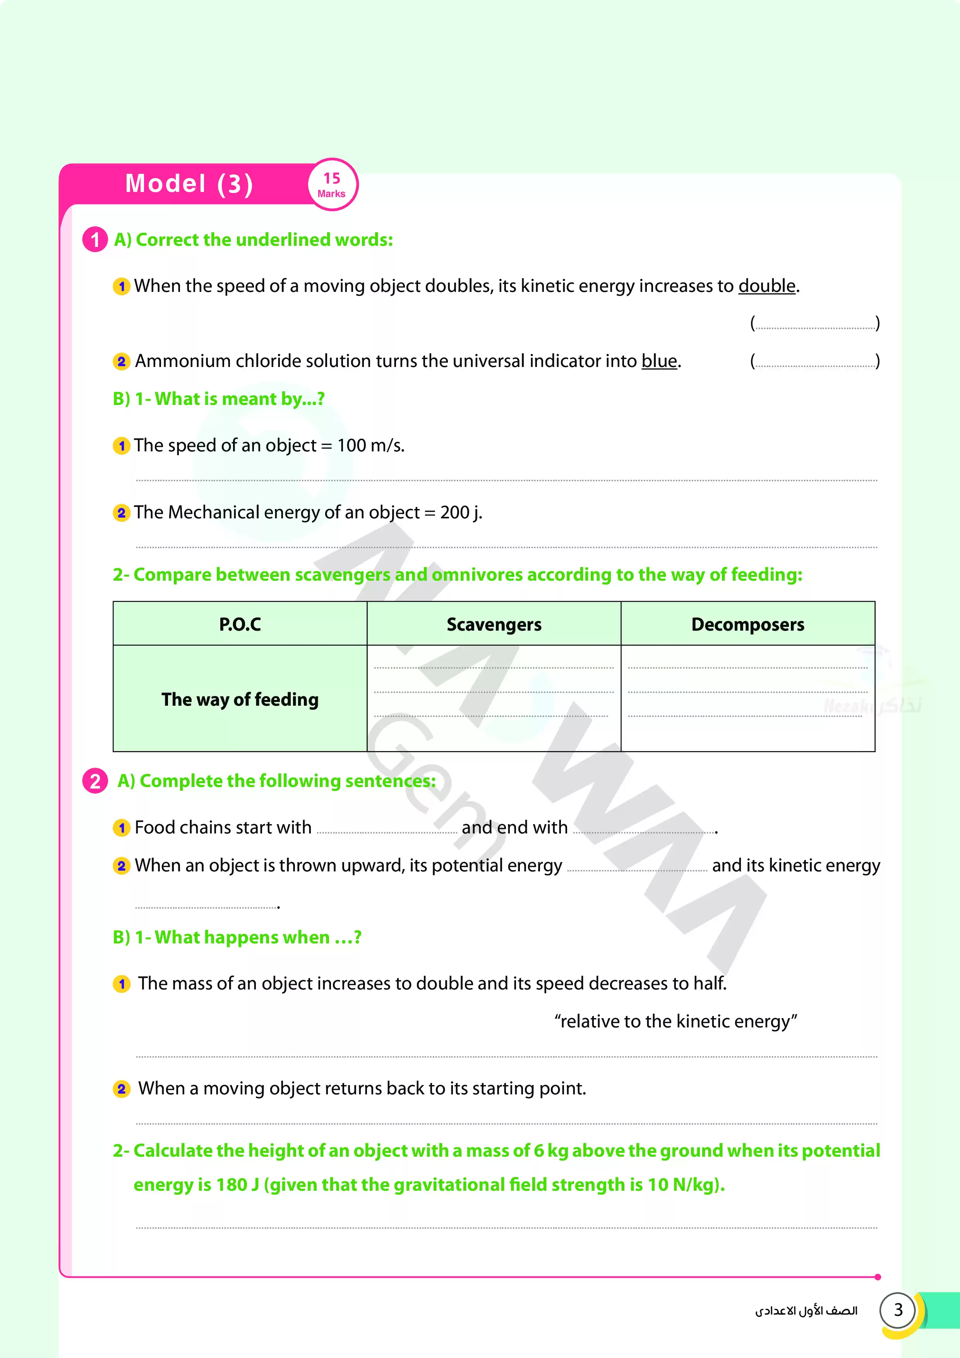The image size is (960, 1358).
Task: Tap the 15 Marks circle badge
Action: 332,185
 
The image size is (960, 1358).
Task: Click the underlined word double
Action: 766,286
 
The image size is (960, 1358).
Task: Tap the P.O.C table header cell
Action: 240,624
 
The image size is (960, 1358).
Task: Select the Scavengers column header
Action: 494,624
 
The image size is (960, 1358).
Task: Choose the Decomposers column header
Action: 747,624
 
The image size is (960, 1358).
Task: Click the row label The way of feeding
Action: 240,699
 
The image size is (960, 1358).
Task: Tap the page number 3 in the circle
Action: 898,1310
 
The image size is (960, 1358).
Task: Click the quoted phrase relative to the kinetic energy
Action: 675,1022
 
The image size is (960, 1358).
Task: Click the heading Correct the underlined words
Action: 264,240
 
